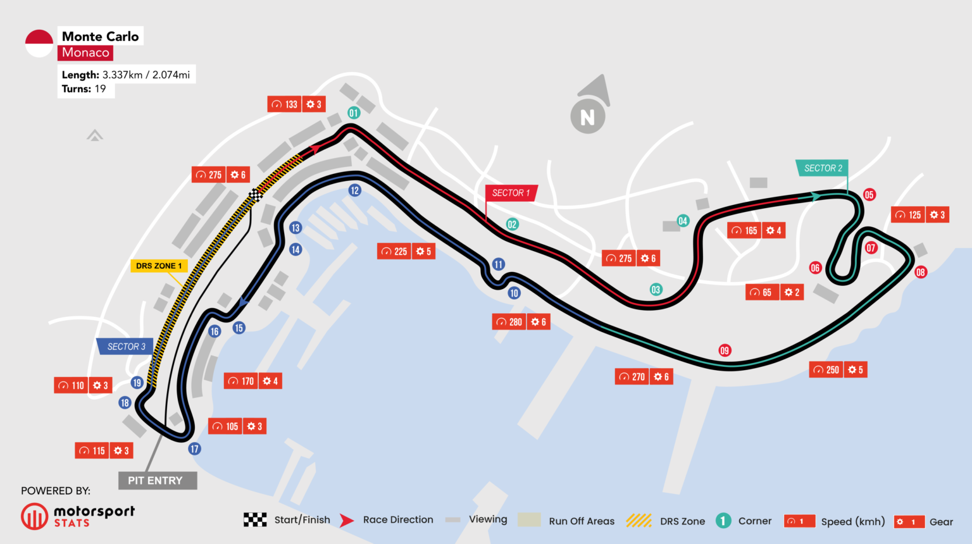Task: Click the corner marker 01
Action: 354,113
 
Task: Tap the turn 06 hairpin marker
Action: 815,268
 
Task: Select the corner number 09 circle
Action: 725,350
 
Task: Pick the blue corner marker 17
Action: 194,449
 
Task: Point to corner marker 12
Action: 354,190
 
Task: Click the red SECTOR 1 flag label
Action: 511,193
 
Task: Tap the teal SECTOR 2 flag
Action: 822,168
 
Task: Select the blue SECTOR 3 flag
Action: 125,347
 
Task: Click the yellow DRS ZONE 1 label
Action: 158,266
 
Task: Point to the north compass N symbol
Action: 588,117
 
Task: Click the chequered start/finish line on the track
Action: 256,195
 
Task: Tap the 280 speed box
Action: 509,322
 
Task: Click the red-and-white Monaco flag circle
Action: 39,44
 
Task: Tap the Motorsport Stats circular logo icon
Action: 34,516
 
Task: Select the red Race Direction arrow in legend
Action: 346,521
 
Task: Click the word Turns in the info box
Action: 76,89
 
